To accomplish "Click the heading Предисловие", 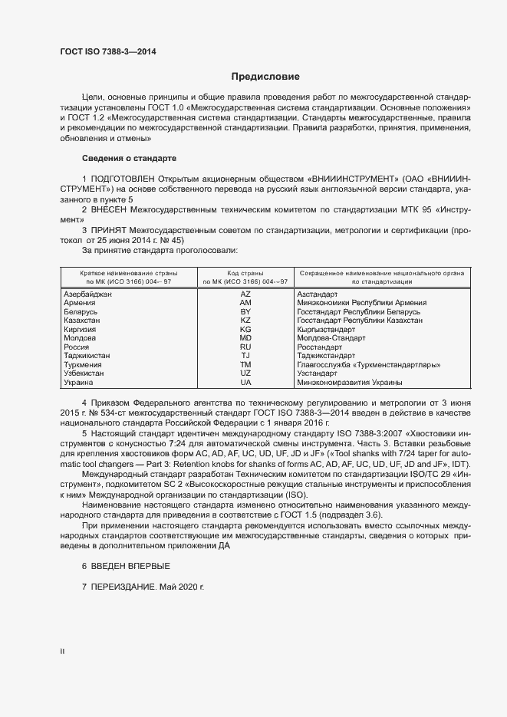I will [x=265, y=77].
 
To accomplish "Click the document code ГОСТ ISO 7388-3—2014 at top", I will [x=112, y=52].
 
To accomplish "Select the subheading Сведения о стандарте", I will [x=129, y=158].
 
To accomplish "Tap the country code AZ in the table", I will [x=245, y=294].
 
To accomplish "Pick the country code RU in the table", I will [x=245, y=347].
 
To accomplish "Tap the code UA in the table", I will [x=245, y=382].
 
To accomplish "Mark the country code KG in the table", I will [x=245, y=329].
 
